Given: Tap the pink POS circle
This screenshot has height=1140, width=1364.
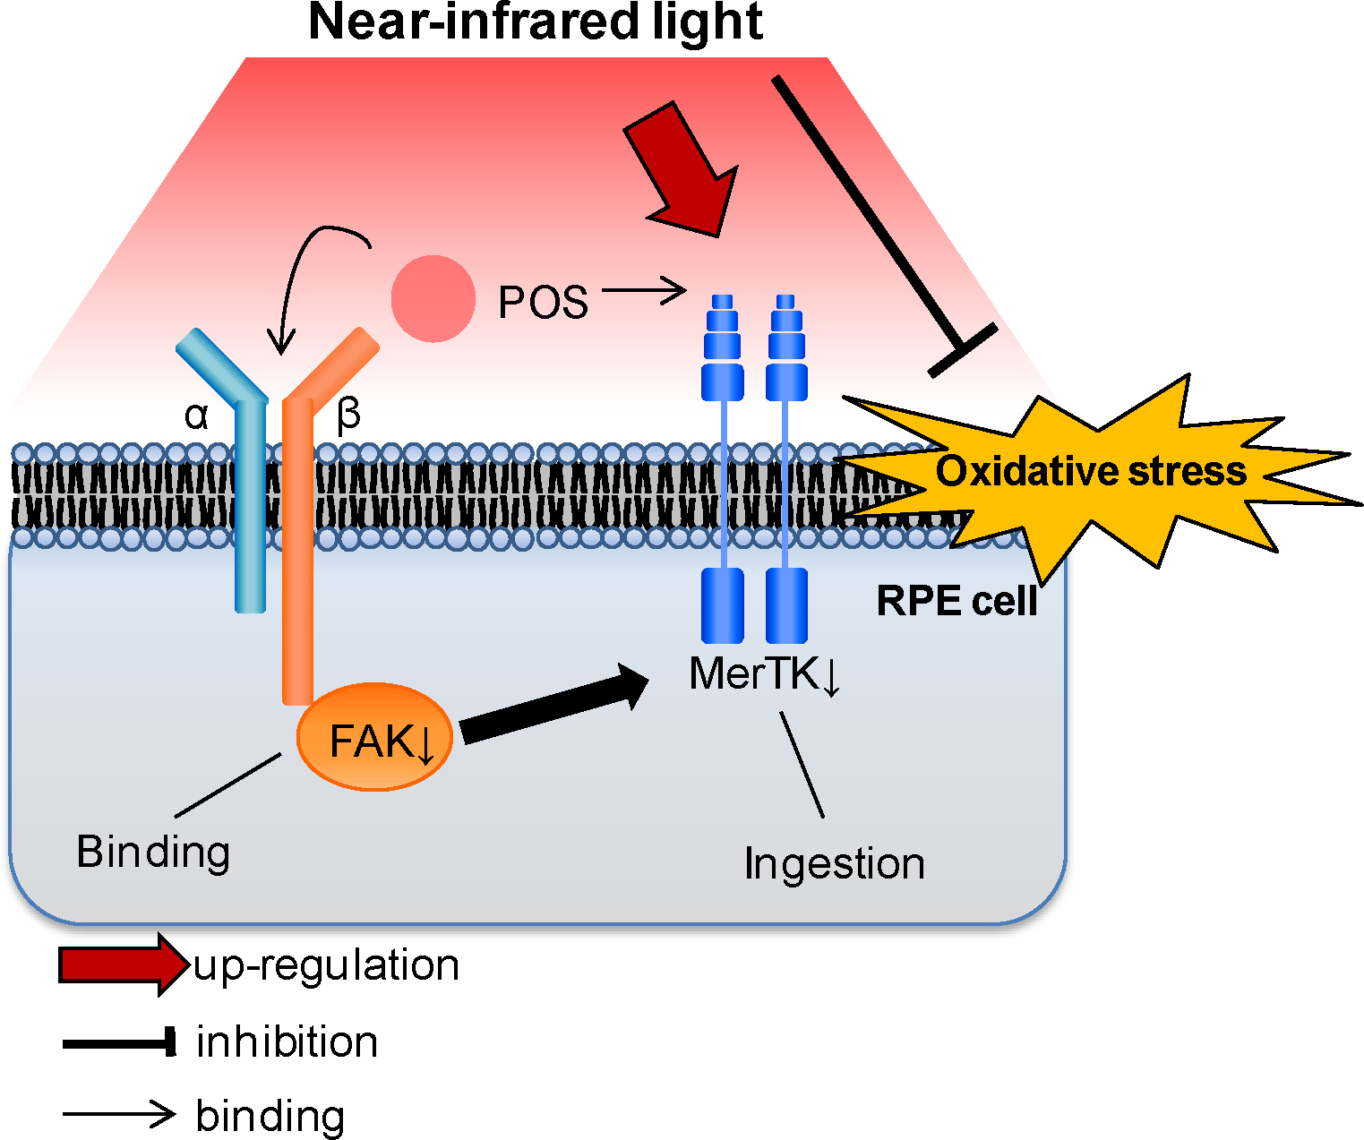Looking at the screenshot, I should [x=433, y=299].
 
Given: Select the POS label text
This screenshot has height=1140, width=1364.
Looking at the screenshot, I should [x=543, y=303].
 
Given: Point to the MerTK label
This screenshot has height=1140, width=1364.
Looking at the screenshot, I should [x=764, y=674].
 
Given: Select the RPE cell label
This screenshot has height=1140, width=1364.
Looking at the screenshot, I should [x=957, y=601].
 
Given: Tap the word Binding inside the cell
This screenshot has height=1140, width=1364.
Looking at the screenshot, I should [x=153, y=852].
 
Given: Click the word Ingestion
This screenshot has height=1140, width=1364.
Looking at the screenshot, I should [x=834, y=864].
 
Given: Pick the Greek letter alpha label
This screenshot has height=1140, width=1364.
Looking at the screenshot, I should [x=196, y=416].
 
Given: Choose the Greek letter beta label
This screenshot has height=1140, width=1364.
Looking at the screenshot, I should [x=348, y=415].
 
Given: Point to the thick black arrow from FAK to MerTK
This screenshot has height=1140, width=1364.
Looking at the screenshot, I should [x=555, y=704].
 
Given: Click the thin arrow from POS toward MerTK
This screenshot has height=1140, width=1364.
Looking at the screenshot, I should [x=643, y=291].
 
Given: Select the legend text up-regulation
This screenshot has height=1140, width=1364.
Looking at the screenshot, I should [x=327, y=965].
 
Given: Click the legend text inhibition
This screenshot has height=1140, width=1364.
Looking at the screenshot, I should [x=287, y=1042].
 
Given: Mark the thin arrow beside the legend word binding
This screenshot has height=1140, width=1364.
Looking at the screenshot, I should [x=119, y=1115].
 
